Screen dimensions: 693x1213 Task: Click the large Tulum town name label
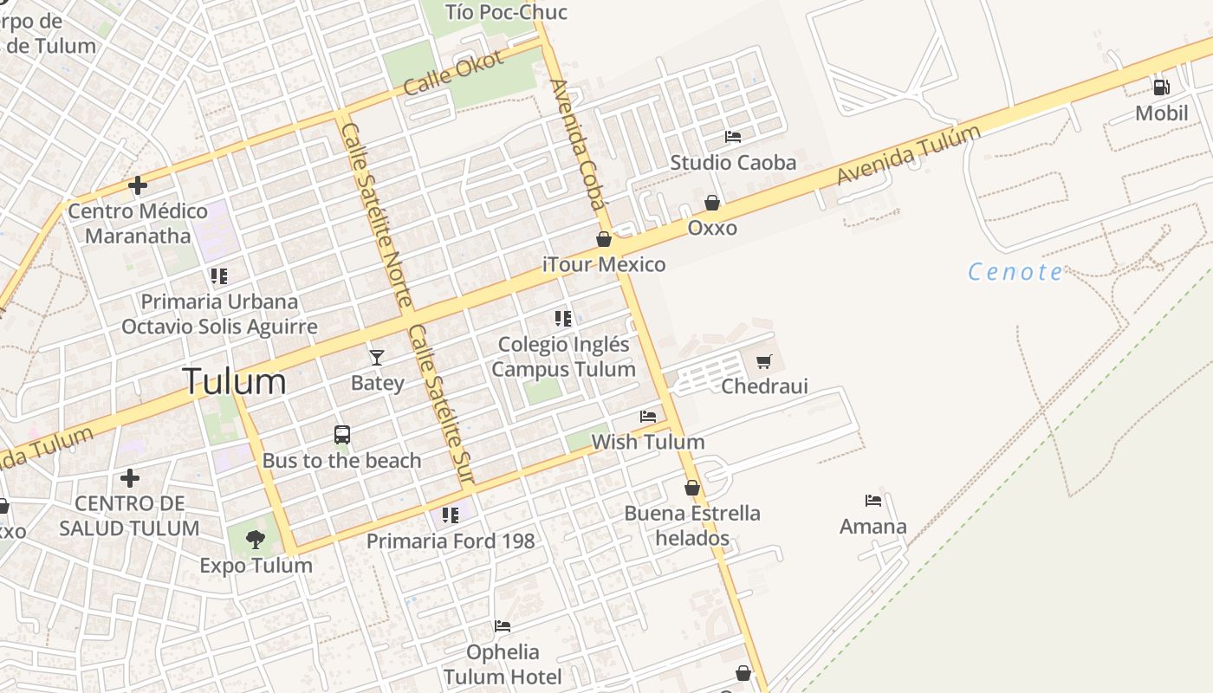coord(234,382)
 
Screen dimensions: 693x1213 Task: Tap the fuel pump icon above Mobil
coord(1161,87)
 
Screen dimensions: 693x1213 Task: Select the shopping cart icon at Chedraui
coord(763,362)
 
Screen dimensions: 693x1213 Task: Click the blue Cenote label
coord(1015,272)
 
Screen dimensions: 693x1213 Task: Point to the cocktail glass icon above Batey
coord(377,357)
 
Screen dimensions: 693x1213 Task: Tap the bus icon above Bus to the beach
coord(342,434)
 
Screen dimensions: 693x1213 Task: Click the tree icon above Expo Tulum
coord(255,540)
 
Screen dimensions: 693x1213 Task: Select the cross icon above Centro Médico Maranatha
coord(137,185)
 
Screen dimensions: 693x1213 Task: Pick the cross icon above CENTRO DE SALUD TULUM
coord(130,477)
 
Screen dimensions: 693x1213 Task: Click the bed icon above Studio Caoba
coord(733,137)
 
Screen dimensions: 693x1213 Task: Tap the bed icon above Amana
coord(873,501)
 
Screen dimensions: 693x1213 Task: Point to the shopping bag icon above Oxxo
coord(712,203)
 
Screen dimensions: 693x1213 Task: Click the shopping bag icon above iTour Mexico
coord(604,239)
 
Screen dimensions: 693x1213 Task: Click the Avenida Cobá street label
coord(576,146)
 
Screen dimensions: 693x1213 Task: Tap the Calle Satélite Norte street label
coord(376,215)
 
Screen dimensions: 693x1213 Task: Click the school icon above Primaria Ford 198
coord(451,515)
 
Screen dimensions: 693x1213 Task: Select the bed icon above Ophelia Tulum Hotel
coord(503,626)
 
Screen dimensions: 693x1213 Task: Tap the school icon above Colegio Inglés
coord(563,319)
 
